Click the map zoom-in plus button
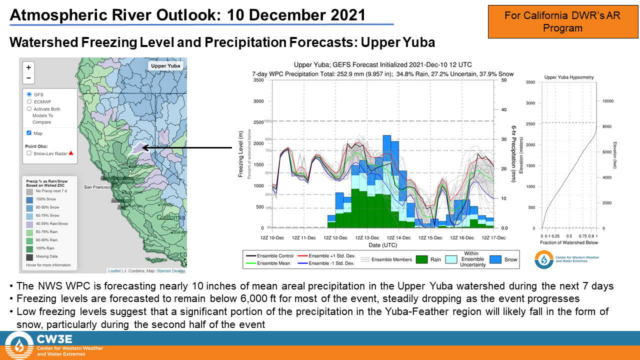pos(28,67)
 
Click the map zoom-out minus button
pos(28,78)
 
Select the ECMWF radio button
pos(29,101)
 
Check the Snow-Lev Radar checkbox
pos(29,153)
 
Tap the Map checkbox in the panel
pos(29,133)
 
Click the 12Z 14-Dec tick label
pos(399,237)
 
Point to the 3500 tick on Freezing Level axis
pos(258,80)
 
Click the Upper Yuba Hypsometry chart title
pos(569,77)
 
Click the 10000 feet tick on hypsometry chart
pos(607,101)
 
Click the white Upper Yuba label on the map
pos(165,66)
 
